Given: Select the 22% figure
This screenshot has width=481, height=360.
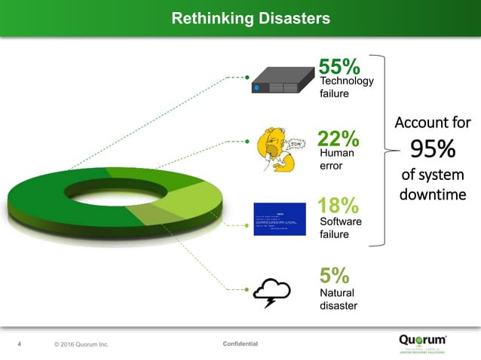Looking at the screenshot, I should pyautogui.click(x=338, y=139).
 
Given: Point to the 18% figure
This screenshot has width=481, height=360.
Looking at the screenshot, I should pyautogui.click(x=338, y=206).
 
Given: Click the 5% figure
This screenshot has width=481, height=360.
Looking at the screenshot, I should pyautogui.click(x=333, y=275).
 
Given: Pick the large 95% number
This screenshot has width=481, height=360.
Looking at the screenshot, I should pyautogui.click(x=433, y=149).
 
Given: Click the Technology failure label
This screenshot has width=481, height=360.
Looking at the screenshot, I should pyautogui.click(x=346, y=87).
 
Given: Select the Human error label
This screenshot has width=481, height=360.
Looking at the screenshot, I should pyautogui.click(x=336, y=159).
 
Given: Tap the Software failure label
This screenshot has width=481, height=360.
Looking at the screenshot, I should pyautogui.click(x=341, y=228).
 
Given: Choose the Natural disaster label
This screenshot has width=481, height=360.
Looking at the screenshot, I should pyautogui.click(x=338, y=299).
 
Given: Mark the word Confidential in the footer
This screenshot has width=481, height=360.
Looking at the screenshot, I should pyautogui.click(x=240, y=344).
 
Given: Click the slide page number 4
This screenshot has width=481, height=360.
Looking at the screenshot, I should pyautogui.click(x=20, y=345).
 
